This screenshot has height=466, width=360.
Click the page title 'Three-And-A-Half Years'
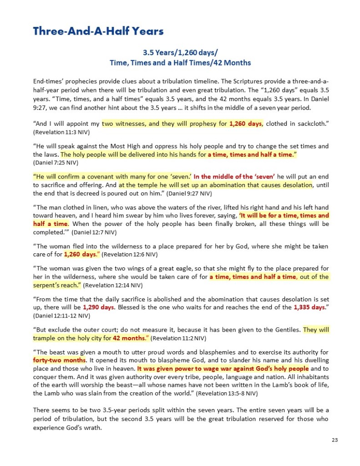click(98, 31)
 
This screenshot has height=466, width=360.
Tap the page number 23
click(335, 440)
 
